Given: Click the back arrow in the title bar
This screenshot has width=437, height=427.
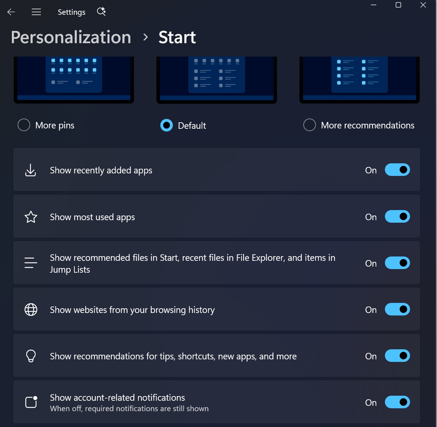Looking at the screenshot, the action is [11, 12].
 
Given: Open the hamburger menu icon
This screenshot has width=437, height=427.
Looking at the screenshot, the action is [36, 12].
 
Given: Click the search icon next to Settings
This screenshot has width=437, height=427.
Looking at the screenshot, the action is [101, 12].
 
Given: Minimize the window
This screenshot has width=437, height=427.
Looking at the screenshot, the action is [373, 5].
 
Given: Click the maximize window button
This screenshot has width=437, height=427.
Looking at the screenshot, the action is [398, 5].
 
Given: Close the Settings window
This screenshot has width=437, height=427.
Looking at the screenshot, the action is [423, 5].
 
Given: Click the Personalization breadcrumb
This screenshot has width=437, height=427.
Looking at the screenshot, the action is [71, 37].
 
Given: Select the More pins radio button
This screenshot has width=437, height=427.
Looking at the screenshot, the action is [24, 125].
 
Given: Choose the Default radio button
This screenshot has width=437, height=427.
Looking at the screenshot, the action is [166, 125].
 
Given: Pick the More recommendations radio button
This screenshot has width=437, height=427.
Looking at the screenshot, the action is [309, 125].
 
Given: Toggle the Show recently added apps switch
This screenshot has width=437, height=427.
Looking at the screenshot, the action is [397, 170].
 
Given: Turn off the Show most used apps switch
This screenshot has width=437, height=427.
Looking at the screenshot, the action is [397, 217].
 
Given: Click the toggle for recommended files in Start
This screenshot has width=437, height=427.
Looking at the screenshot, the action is [397, 263].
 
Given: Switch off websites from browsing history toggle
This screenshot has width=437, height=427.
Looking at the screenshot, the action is [397, 309].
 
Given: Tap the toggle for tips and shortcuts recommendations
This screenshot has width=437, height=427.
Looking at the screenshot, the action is [397, 355].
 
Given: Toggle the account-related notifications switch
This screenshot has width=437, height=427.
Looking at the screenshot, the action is [397, 402].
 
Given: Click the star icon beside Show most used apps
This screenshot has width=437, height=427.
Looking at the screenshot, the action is [31, 217].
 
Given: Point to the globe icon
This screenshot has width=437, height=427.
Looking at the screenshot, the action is [31, 310].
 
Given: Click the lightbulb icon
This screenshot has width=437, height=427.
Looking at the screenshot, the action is [31, 356].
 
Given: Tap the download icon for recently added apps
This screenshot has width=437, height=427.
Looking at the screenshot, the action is [31, 170].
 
